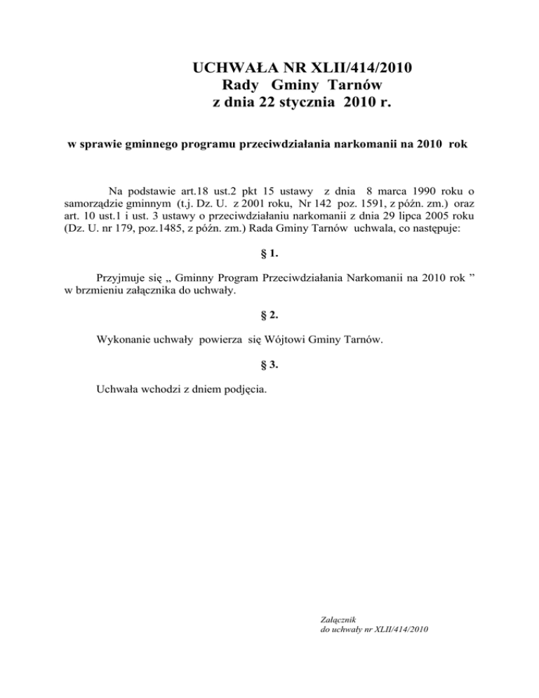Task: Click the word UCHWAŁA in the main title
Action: pos(229,69)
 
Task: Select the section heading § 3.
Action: pos(269,364)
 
